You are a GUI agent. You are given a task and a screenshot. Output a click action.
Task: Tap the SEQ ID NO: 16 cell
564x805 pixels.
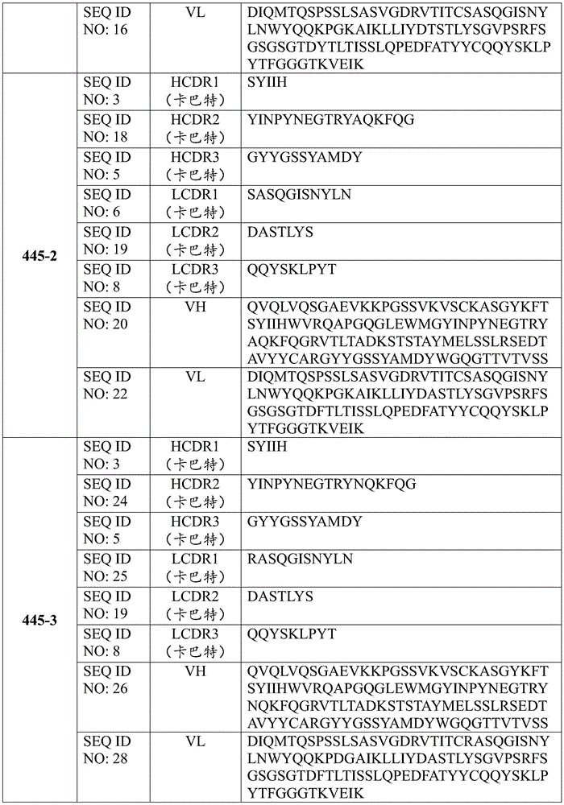coord(107,22)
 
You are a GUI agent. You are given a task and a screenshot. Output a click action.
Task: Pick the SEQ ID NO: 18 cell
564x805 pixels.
coord(107,128)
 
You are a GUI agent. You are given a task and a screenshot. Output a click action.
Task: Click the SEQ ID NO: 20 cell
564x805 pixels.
coord(107,315)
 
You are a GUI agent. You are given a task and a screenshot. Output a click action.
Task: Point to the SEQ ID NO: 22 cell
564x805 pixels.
coord(107,385)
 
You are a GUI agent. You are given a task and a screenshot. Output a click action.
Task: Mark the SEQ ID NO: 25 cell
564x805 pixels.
coord(107,568)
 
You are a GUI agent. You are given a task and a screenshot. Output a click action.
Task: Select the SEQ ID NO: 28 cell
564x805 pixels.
coord(107,749)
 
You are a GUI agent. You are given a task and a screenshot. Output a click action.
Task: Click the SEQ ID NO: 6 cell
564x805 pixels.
coord(107,203)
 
